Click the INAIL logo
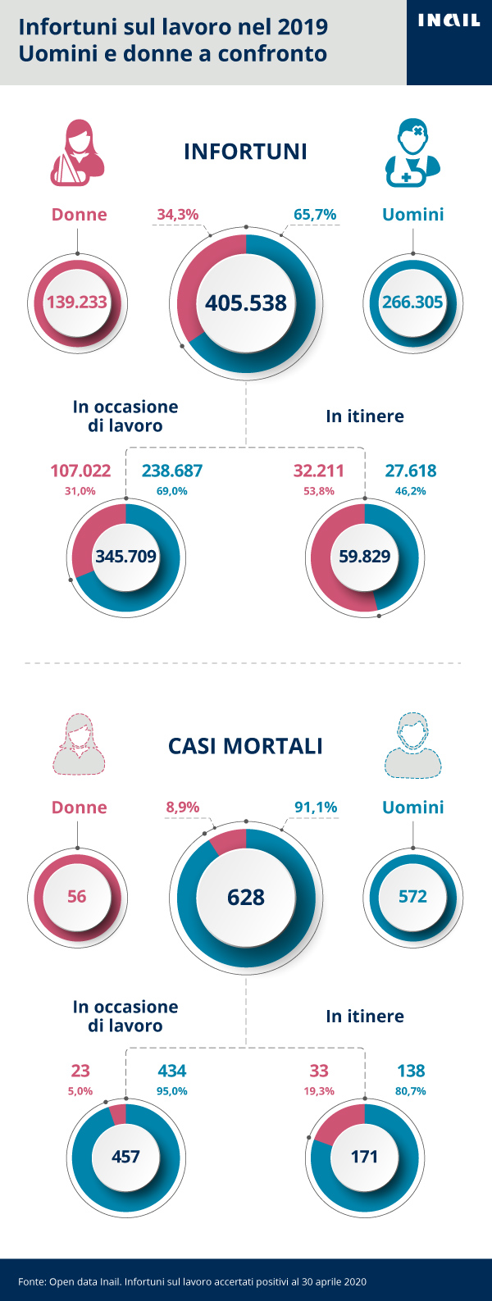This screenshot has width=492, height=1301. coord(449,20)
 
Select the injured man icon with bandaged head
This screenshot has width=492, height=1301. coord(412,153)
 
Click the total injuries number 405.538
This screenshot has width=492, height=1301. coord(246,303)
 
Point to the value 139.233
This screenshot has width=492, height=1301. coord(77,302)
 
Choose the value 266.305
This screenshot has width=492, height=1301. coord(412,302)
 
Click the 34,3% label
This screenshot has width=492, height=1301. coord(178,215)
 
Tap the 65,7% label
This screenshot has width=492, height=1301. coord(315,215)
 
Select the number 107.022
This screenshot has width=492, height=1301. coord(80,471)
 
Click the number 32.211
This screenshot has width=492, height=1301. coord(319,471)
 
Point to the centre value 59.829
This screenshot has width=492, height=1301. coord(365,556)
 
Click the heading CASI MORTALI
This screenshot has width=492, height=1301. coord(245,746)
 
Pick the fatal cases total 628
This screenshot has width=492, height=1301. coord(246,897)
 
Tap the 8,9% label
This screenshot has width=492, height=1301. coord(183,807)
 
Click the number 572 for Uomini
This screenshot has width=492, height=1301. coord(412,896)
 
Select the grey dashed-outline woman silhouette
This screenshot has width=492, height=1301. coord(79,745)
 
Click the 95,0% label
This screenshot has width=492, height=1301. coord(172,1091)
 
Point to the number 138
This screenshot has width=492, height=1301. coord(411,1071)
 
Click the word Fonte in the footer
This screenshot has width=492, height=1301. coord(31,1281)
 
